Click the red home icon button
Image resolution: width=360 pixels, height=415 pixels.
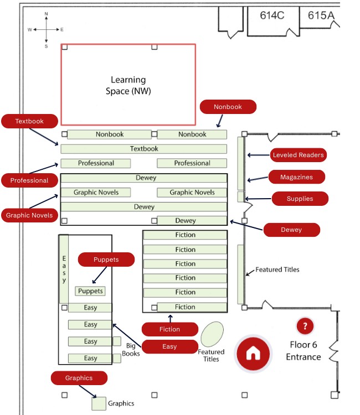click(253, 352)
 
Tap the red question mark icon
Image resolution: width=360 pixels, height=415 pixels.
click(305, 326)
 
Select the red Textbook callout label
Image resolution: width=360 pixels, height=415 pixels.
click(29, 120)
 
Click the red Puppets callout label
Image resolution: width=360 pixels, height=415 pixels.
click(106, 259)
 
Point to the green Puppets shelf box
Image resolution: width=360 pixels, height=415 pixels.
click(90, 290)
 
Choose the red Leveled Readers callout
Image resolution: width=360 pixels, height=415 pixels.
click(298, 155)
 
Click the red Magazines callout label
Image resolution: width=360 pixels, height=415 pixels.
click(296, 177)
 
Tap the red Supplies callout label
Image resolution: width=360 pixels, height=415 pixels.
click(300, 199)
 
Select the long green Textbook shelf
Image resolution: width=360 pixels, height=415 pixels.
click(143, 149)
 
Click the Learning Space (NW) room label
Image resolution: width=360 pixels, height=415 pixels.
click(128, 85)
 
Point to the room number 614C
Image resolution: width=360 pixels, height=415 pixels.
click(272, 15)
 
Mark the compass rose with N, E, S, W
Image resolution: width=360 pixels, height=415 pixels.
click(46, 29)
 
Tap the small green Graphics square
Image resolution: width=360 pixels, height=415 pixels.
click(99, 403)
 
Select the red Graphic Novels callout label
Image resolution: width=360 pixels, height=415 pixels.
click(29, 215)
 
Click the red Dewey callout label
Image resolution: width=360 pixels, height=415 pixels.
click(291, 230)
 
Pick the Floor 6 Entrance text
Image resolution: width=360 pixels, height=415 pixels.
click(303, 350)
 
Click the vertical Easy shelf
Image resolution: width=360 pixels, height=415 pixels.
click(64, 269)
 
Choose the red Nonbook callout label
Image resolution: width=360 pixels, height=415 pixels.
click(228, 107)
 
